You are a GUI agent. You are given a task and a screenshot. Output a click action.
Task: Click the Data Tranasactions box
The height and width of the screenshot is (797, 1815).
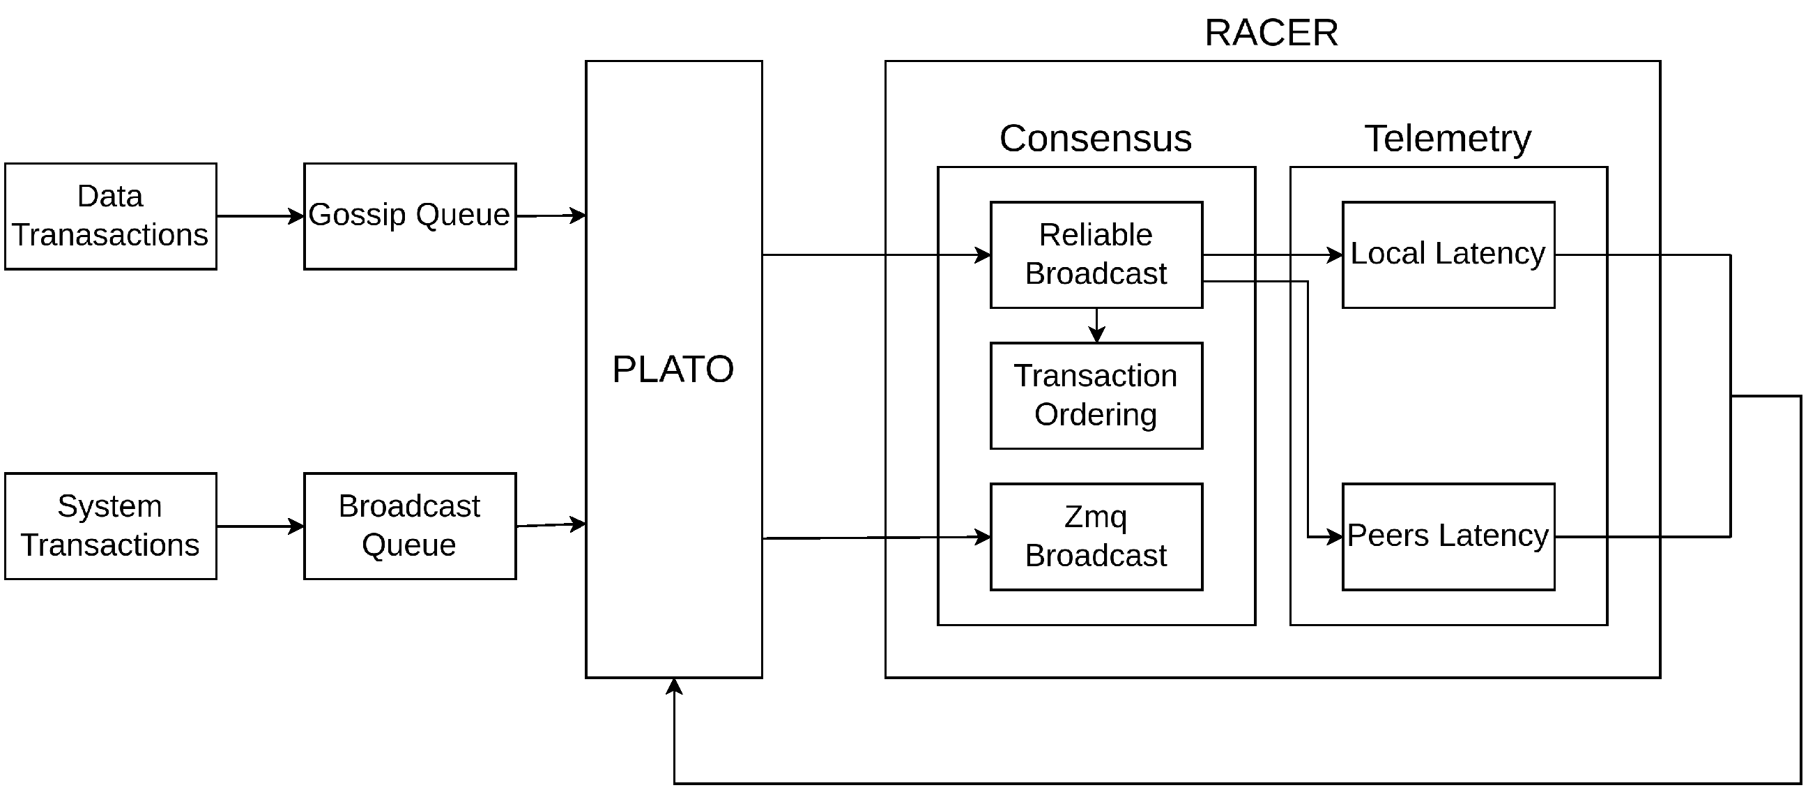pyautogui.click(x=111, y=216)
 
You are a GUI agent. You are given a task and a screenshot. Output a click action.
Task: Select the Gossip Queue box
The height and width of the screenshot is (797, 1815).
pyautogui.click(x=409, y=216)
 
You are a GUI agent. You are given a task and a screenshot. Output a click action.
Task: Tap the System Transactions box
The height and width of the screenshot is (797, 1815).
pyautogui.click(x=111, y=526)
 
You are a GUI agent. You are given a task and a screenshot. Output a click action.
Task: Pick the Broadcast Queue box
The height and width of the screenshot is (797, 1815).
pyautogui.click(x=409, y=526)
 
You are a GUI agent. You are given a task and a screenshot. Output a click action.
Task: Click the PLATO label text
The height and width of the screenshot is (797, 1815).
pyautogui.click(x=673, y=370)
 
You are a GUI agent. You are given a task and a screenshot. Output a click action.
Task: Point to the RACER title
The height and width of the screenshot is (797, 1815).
pyautogui.click(x=1271, y=33)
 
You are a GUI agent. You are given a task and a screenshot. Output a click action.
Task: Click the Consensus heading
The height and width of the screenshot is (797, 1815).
pyautogui.click(x=1096, y=138)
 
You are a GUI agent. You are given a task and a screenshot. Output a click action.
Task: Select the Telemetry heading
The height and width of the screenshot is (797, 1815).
pyautogui.click(x=1448, y=138)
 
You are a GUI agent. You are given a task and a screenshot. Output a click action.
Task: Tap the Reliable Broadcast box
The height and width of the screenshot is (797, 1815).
pyautogui.click(x=1096, y=255)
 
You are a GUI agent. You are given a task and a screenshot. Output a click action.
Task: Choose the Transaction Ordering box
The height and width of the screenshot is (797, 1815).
pyautogui.click(x=1096, y=395)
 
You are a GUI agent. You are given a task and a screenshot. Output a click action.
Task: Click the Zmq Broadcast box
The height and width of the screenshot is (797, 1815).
pyautogui.click(x=1096, y=536)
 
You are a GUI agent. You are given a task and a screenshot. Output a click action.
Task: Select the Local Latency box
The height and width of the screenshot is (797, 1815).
pyautogui.click(x=1448, y=255)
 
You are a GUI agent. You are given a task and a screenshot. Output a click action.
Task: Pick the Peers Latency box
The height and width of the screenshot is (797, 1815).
pyautogui.click(x=1448, y=536)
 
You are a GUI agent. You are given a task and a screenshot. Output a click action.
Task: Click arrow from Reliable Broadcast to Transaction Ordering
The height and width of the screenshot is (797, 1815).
pyautogui.click(x=1096, y=326)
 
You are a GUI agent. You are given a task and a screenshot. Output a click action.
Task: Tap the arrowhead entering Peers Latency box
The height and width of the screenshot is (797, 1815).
pyautogui.click(x=1334, y=538)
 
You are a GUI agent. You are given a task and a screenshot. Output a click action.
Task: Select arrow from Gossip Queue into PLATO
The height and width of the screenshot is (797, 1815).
pyautogui.click(x=550, y=215)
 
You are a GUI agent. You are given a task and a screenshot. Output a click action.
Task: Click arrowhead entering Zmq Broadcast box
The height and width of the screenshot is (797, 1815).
pyautogui.click(x=982, y=537)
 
